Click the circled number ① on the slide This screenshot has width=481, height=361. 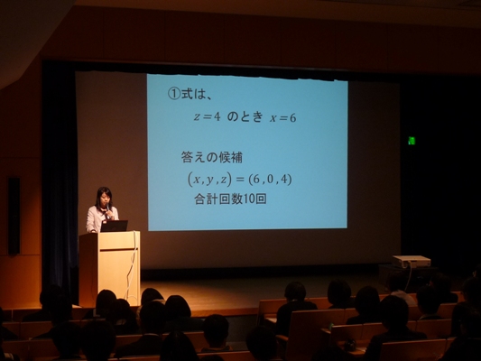174,94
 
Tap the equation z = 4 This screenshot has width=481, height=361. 207,116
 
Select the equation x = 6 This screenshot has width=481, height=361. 283,118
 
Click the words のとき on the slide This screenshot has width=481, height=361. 245,116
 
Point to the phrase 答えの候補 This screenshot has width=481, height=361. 212,157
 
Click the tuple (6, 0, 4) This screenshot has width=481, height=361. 270,179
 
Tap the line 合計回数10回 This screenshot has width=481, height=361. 230,199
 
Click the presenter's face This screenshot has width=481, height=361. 104,200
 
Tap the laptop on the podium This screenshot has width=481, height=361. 114,226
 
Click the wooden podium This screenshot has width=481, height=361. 109,268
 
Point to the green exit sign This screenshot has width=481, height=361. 412,141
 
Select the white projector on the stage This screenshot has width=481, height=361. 412,262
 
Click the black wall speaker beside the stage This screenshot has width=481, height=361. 14,216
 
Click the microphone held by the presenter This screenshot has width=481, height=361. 107,208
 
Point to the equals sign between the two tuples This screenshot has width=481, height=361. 240,180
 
